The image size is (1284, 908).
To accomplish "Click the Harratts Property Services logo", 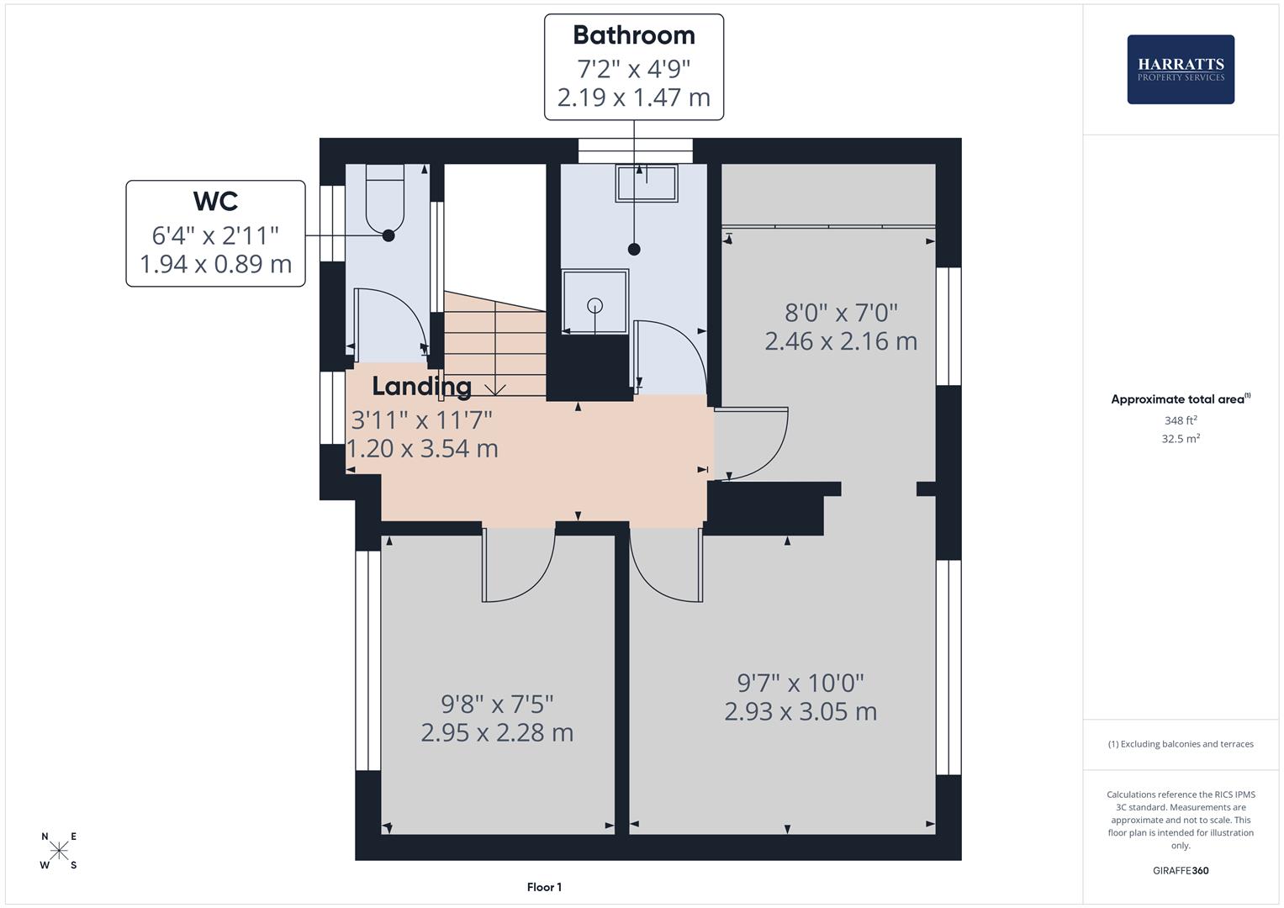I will click(x=1180, y=70).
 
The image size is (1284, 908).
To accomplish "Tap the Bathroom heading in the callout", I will click(x=633, y=35).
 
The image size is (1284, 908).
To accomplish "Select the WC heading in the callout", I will click(x=215, y=202).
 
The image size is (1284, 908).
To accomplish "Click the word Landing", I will click(x=421, y=387).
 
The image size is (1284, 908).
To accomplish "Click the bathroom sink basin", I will click(x=647, y=183).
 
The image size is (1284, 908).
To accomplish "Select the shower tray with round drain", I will click(x=594, y=302).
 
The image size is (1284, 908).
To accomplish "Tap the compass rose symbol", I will click(x=59, y=851).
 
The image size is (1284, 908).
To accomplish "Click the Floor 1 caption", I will click(x=544, y=887).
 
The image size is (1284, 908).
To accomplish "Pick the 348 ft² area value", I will click(x=1180, y=420).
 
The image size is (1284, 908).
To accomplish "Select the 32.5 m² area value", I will click(x=1180, y=438).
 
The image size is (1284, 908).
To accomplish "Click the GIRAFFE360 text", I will click(x=1180, y=870).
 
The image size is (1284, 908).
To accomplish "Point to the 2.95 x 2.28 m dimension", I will click(x=497, y=732).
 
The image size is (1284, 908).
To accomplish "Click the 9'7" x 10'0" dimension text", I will click(x=800, y=683).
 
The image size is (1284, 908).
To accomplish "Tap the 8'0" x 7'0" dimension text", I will click(x=840, y=313).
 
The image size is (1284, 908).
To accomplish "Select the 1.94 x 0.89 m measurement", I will click(x=215, y=264).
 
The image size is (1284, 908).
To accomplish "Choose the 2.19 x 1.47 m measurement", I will click(x=633, y=98).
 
